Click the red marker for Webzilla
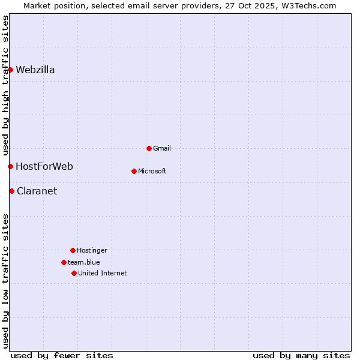pos(10,70)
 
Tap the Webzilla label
pos(35,70)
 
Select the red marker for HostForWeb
pos(10,166)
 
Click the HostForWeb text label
pos(44,167)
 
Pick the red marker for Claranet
pos(11,191)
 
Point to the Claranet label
pos(37,191)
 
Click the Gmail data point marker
pos(149,148)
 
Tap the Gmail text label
pos(162,149)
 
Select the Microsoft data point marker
pos(134,171)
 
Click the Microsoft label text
pos(152,172)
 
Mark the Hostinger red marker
pos(73,250)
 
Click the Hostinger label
pos(92,251)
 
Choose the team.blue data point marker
pos(64,262)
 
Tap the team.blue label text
pos(84,262)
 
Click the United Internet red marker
pos(74,273)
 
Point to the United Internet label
pos(103,274)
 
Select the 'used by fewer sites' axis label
pos(62,355)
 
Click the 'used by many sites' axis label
pos(301,355)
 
